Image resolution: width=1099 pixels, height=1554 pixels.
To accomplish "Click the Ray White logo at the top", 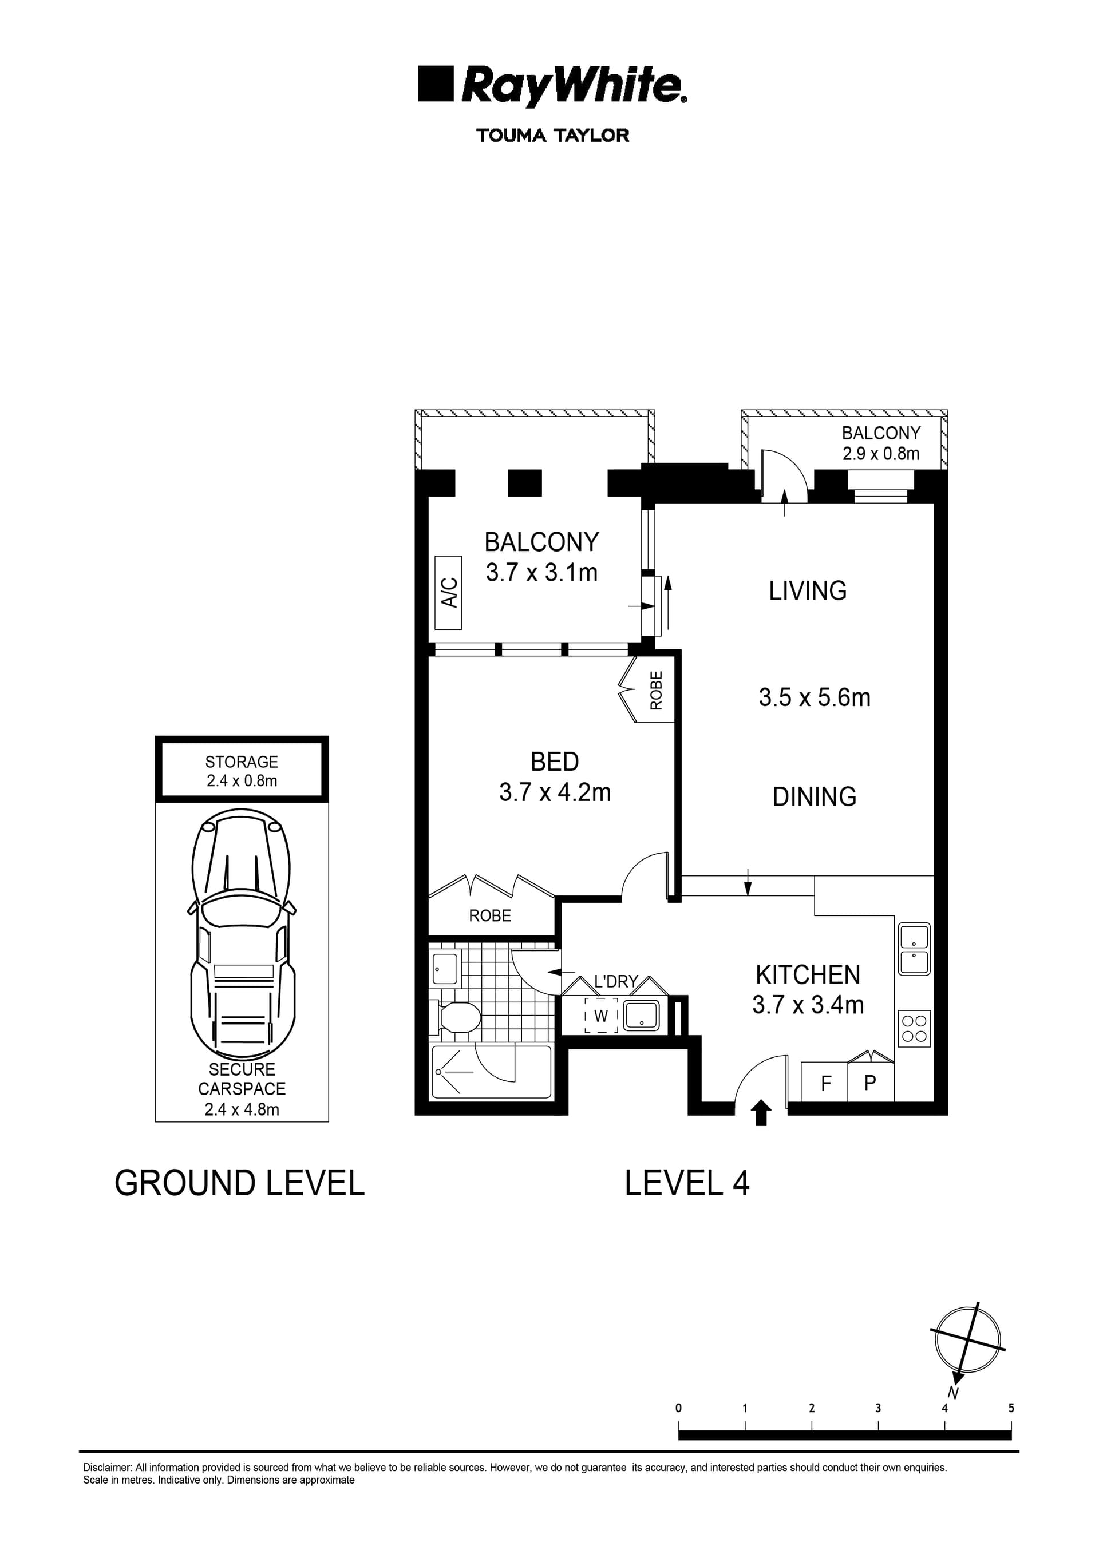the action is click(552, 86).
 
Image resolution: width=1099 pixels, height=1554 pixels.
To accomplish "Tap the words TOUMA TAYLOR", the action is click(552, 136).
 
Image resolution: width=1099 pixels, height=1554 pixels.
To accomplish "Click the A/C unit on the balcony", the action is click(448, 593).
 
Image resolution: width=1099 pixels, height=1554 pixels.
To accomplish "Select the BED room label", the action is click(555, 762).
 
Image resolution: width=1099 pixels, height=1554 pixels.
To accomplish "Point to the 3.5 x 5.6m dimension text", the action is click(815, 698).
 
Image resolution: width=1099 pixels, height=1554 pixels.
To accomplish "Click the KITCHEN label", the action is click(808, 976).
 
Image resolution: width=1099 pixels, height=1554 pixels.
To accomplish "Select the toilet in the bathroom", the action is click(456, 1017).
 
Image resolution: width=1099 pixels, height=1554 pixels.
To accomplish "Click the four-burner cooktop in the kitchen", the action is click(914, 1029).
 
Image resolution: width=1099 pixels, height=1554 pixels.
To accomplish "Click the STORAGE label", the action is click(242, 762).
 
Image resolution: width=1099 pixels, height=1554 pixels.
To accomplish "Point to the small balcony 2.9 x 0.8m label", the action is click(881, 443).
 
